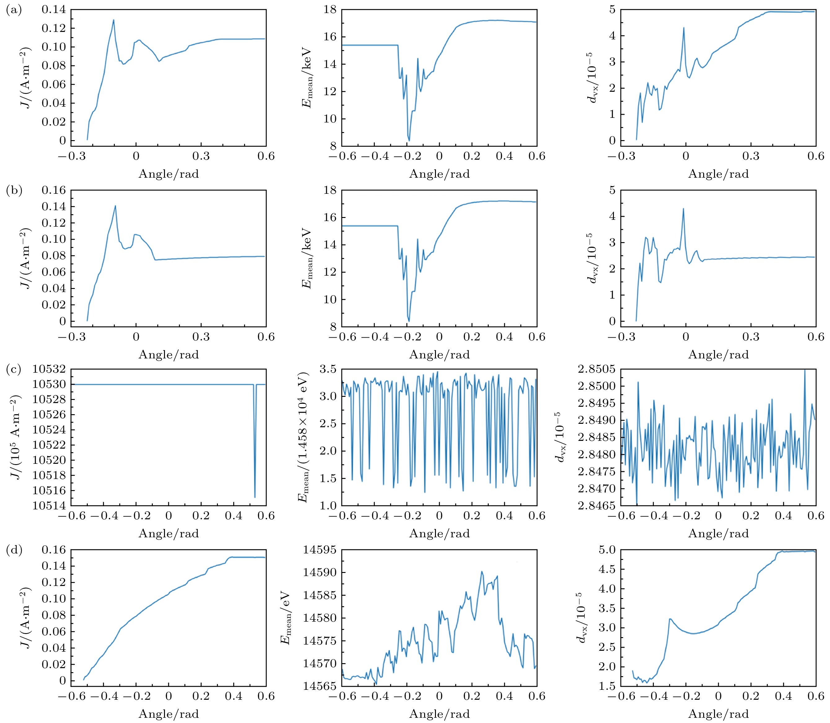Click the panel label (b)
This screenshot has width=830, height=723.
point(14,190)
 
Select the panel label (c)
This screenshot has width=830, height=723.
point(14,370)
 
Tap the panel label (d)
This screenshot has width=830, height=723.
point(14,550)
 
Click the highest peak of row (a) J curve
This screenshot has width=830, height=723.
point(113,20)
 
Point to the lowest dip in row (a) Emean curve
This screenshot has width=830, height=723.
point(409,140)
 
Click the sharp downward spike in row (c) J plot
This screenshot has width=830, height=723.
point(255,497)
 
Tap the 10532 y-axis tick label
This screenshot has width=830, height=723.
point(48,369)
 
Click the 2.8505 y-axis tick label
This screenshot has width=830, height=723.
point(596,369)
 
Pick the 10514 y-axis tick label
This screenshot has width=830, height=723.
point(48,506)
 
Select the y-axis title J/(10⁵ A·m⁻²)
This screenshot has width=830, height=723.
point(16,437)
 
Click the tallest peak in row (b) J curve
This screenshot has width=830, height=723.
point(115,206)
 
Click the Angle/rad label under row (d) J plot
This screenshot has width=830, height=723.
point(169,714)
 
